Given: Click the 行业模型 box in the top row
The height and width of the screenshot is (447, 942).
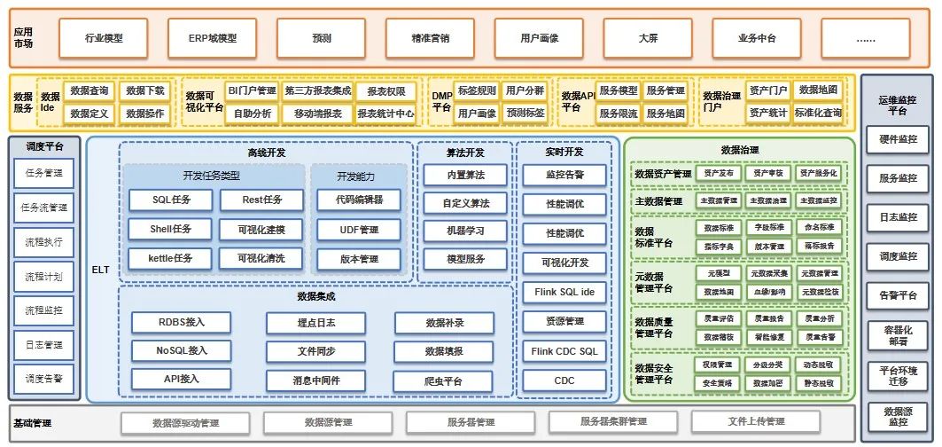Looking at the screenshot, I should [x=104, y=38].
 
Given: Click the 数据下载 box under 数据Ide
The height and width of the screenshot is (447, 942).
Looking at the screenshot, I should [x=144, y=90].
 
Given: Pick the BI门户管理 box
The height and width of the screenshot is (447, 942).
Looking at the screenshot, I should [x=252, y=90].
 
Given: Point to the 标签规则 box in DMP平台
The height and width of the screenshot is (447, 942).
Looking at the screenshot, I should [x=476, y=90].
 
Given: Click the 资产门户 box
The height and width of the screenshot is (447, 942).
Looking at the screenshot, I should [x=767, y=90].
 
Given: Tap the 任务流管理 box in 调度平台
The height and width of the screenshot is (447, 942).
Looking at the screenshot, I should [x=43, y=208].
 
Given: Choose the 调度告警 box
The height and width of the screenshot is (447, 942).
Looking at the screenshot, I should [x=43, y=379].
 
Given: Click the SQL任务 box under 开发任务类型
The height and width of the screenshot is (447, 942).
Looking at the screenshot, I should [x=171, y=200].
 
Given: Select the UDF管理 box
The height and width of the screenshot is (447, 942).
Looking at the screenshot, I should [x=359, y=230].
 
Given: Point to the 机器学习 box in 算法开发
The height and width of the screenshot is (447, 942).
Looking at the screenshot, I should [x=465, y=231].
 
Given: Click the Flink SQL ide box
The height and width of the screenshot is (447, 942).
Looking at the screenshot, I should [x=564, y=292].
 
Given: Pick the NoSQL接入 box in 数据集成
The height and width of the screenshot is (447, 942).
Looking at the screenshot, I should [x=169, y=350].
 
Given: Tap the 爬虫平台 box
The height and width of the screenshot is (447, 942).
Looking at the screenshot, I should [x=444, y=380].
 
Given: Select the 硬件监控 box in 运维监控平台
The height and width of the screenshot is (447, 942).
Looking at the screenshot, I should [x=897, y=139].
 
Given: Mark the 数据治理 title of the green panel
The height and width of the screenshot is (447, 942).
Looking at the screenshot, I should [x=741, y=151].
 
